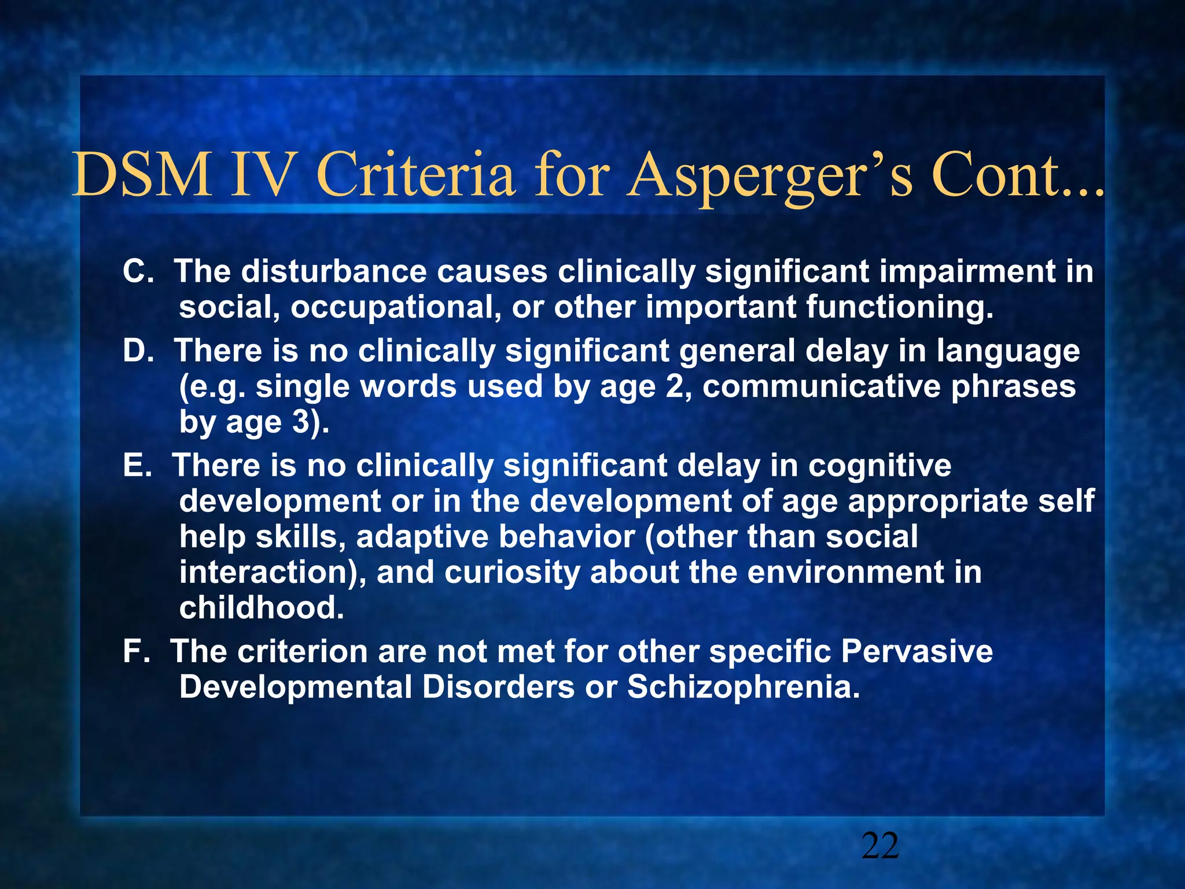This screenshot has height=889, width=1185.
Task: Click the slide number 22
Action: point(879,846)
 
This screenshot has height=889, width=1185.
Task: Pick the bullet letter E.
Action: point(137,465)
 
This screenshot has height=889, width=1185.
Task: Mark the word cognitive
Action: point(879,465)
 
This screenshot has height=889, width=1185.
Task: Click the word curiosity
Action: point(512,573)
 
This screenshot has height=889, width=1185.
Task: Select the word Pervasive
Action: point(917,651)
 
